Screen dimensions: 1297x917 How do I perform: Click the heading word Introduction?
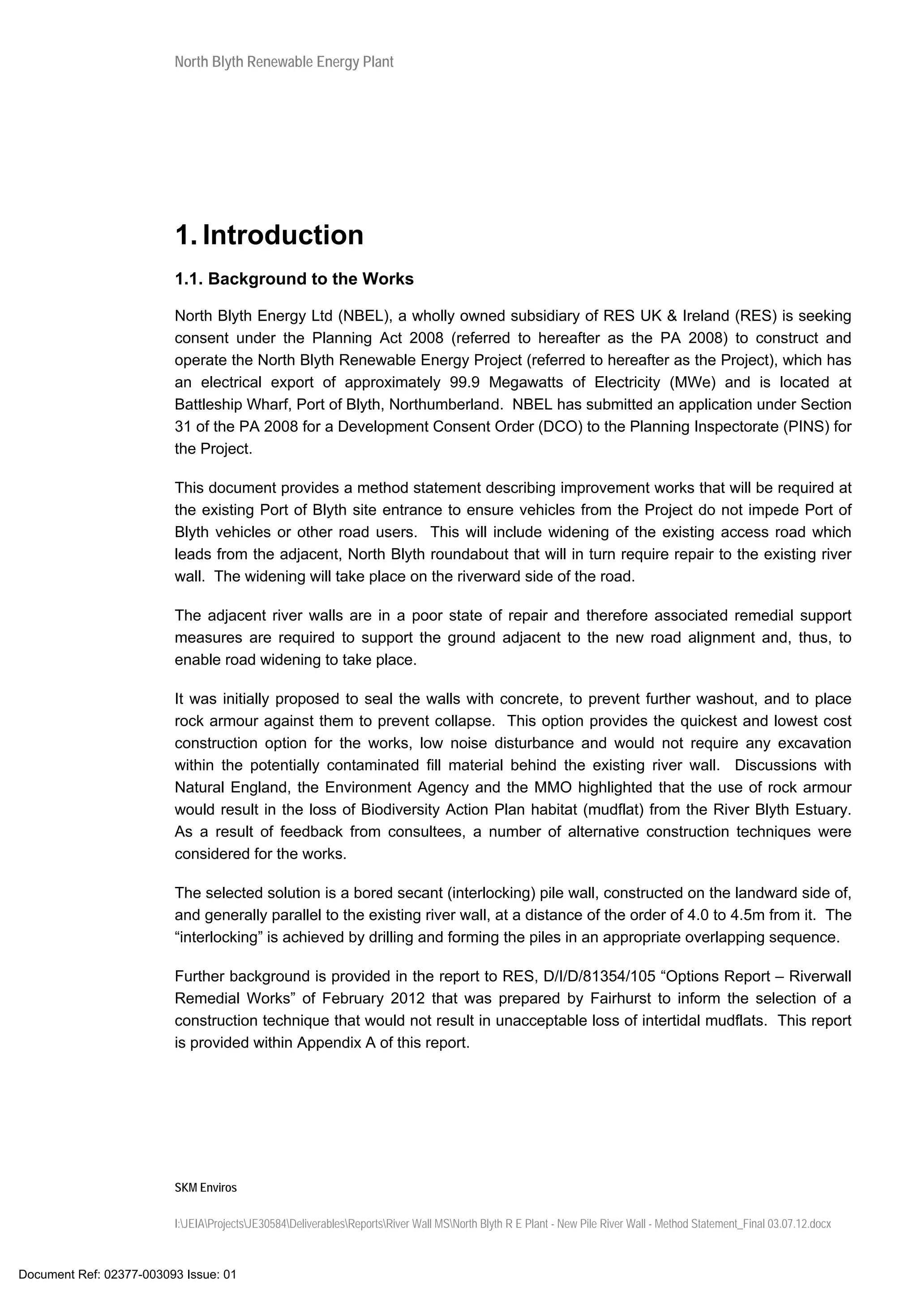pyautogui.click(x=283, y=235)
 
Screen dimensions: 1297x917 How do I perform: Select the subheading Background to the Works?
pyautogui.click(x=311, y=279)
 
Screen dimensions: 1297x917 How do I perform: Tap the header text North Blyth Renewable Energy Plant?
pyautogui.click(x=283, y=62)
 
